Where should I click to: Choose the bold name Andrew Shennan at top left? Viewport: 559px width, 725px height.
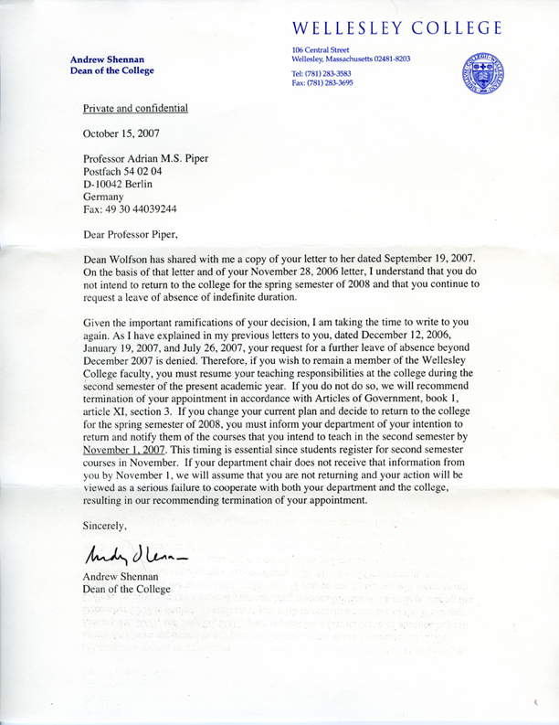106,59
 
